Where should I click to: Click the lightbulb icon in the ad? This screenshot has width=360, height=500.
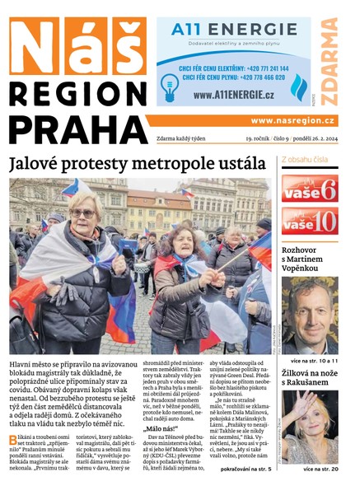[x=170, y=85]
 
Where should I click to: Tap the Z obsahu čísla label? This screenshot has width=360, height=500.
[x=305, y=160]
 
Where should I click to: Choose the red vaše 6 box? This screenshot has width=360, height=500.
[x=310, y=188]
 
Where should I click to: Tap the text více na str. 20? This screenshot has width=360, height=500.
[x=320, y=469]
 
